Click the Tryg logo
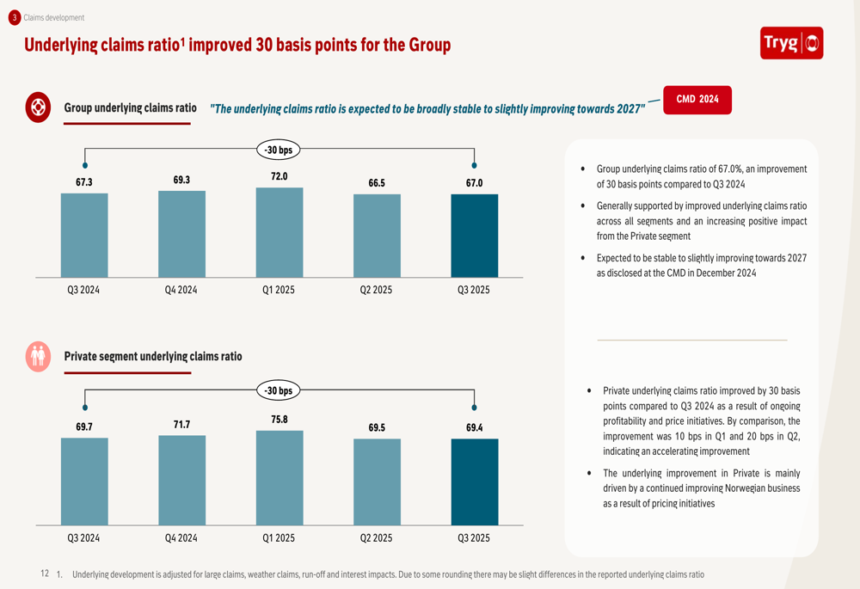791,43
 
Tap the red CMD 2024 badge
697,100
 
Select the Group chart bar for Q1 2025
279,232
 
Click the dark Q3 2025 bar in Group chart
475,236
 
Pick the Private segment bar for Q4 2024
182,481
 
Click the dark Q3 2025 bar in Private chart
475,482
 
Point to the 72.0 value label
279,176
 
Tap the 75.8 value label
279,420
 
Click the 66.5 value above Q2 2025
377,183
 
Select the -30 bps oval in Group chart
279,150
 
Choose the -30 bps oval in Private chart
279,390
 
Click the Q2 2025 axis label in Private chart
377,538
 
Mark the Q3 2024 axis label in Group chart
83,290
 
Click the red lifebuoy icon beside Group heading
38,107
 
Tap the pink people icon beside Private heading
38,357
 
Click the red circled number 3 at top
15,17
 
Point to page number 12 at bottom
45,574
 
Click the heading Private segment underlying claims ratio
153,357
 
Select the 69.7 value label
84,426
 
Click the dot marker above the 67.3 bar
85,165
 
